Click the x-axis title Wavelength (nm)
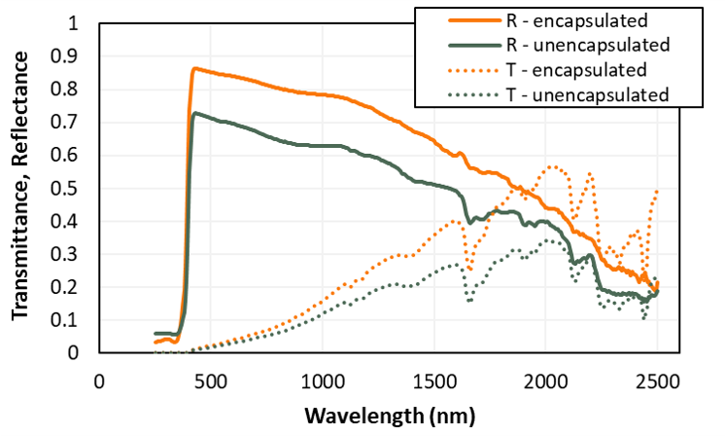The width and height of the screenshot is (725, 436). coord(390,416)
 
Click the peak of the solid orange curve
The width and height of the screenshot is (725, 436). coord(194,68)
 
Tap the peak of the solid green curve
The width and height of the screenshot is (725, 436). coord(195,113)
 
